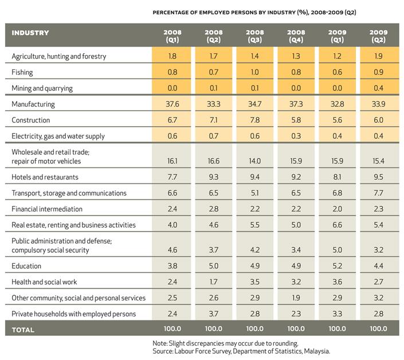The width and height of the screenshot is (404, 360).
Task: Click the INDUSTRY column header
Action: pyautogui.click(x=30, y=33)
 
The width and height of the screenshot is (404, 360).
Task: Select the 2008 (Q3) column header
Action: pyautogui.click(x=255, y=36)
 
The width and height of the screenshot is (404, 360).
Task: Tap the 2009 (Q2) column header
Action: pyautogui.click(x=378, y=36)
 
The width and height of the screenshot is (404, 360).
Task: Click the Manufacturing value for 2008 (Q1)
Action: pyautogui.click(x=172, y=104)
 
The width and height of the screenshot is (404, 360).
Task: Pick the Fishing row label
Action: pyautogui.click(x=22, y=72)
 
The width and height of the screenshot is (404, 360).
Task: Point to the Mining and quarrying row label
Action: pyautogui.click(x=42, y=88)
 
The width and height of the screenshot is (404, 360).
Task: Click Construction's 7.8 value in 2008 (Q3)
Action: pyautogui.click(x=255, y=120)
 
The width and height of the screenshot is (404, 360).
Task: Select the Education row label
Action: pyautogui.click(x=26, y=266)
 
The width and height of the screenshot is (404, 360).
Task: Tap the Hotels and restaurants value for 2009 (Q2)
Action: pyautogui.click(x=378, y=177)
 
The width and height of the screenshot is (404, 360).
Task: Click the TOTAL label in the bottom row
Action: pyautogui.click(x=23, y=330)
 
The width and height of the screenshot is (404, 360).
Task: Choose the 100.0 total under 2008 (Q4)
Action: pyautogui.click(x=296, y=328)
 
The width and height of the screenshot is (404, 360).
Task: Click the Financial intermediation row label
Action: pyautogui.click(x=47, y=209)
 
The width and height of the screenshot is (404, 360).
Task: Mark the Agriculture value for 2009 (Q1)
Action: pyautogui.click(x=338, y=56)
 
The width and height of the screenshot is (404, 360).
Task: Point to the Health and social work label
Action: pyautogui.click(x=44, y=282)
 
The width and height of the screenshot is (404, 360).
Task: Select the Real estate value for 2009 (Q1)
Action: pyautogui.click(x=338, y=225)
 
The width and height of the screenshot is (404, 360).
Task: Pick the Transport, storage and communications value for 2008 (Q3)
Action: pyautogui.click(x=255, y=193)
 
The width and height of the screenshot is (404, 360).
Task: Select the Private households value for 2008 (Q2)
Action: pyautogui.click(x=214, y=314)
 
